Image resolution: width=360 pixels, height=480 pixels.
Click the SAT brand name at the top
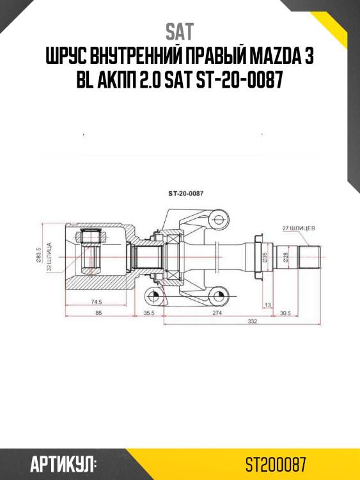180,31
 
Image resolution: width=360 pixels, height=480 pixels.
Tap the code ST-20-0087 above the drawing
185,193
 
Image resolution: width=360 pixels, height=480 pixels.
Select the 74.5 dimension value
97,301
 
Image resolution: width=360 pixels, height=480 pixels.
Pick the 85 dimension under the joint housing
98,312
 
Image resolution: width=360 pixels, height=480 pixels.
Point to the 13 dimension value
267,305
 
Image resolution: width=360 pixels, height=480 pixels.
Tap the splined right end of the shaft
313,257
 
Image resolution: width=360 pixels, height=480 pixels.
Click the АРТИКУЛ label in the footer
63,463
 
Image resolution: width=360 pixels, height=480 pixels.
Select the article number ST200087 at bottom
275,463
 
